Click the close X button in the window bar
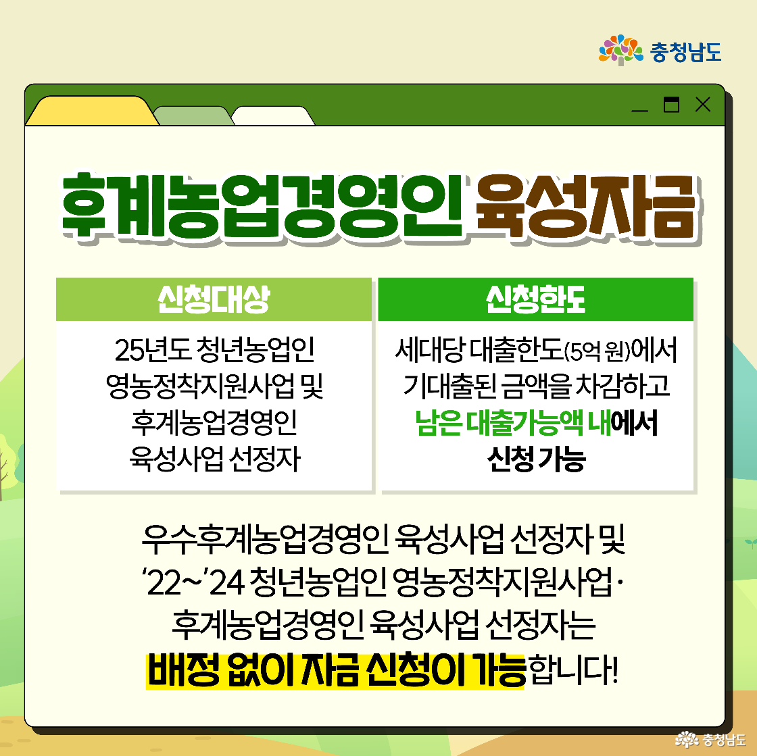[703, 105]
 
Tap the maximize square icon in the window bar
[671, 105]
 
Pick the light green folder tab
[193, 116]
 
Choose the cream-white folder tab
[273, 116]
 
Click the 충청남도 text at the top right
[685, 51]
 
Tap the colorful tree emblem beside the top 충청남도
[620, 50]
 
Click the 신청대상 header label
[214, 299]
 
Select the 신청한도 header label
[535, 299]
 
